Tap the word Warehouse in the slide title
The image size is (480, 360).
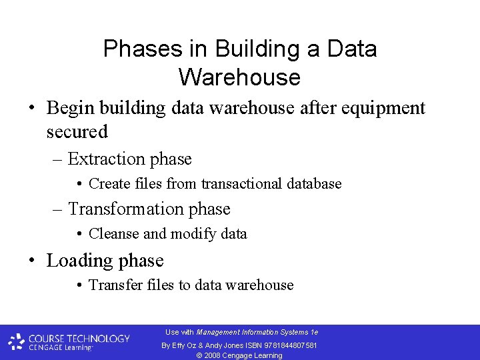tap(239, 77)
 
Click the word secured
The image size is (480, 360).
tap(77, 132)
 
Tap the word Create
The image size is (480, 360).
tap(109, 183)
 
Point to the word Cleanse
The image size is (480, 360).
tap(114, 234)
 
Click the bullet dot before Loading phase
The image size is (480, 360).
tap(32, 261)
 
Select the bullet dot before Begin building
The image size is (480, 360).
tap(32, 108)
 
